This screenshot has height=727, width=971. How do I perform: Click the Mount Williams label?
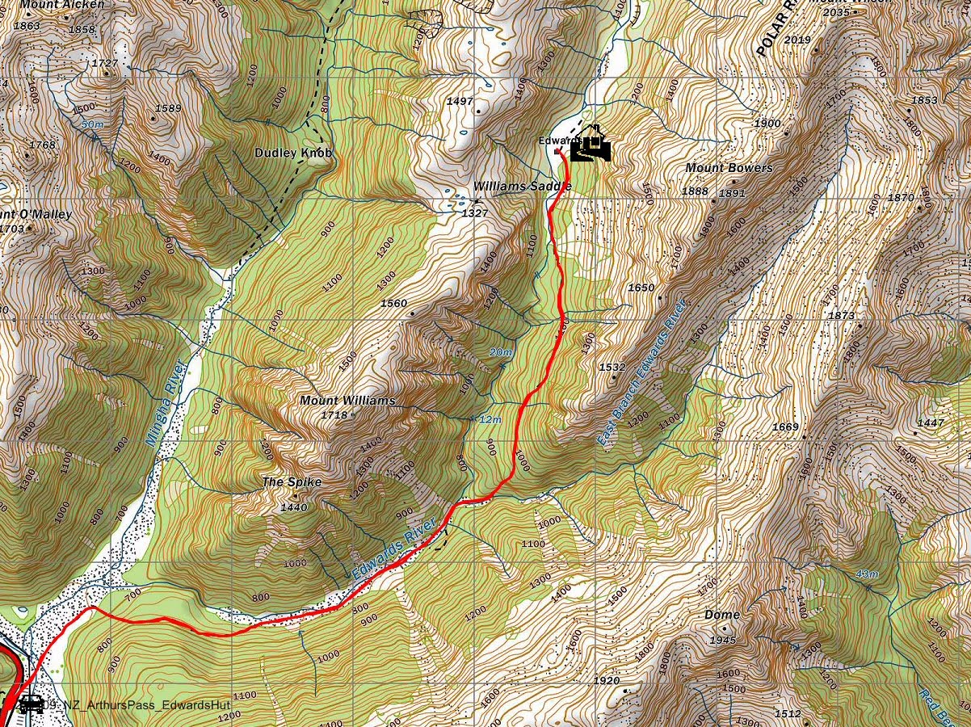(347, 401)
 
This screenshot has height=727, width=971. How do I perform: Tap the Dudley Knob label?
(293, 153)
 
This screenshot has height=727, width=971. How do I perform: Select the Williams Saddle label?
(522, 186)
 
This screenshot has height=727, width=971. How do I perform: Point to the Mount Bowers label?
(729, 168)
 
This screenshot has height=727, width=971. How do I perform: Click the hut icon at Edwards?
(591, 144)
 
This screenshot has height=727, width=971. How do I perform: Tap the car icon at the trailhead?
(31, 704)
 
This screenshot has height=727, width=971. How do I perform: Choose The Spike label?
(292, 482)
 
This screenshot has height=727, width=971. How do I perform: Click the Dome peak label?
(721, 615)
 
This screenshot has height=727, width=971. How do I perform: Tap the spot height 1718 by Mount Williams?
(334, 415)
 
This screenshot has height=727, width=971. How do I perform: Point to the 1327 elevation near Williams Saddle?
(474, 213)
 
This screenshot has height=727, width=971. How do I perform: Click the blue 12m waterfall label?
(490, 420)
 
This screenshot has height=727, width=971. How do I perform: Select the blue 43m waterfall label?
(865, 574)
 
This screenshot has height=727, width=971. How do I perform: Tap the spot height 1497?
(459, 101)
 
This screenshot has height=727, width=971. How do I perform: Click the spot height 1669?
(785, 427)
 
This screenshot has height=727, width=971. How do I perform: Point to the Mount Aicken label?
(62, 5)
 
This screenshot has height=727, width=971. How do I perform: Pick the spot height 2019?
(797, 40)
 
